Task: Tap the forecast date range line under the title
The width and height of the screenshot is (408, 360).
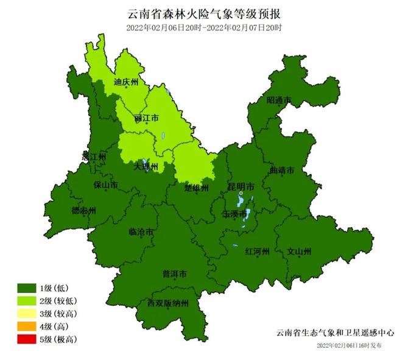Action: point(204,28)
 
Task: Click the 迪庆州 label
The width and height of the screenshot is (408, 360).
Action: point(127,81)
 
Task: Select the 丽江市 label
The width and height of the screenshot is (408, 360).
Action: point(146,118)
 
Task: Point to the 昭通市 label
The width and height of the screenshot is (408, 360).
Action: point(278,101)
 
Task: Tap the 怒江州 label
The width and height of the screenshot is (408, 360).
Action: point(94,157)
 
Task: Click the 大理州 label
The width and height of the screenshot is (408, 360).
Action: point(146,166)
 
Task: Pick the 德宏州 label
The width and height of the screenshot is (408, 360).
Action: point(83,211)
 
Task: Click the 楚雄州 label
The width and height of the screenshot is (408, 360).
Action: point(197,188)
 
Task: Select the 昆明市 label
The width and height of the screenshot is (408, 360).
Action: point(242,187)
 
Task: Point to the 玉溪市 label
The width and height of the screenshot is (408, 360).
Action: point(235,214)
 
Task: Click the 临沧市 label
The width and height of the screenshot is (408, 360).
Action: point(141,231)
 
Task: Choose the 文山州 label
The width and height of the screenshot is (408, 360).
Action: point(299,251)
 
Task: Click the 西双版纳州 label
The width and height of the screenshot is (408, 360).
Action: point(168,303)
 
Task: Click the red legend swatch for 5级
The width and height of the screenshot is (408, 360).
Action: point(27,339)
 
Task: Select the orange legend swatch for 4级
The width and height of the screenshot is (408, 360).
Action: point(27,326)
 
